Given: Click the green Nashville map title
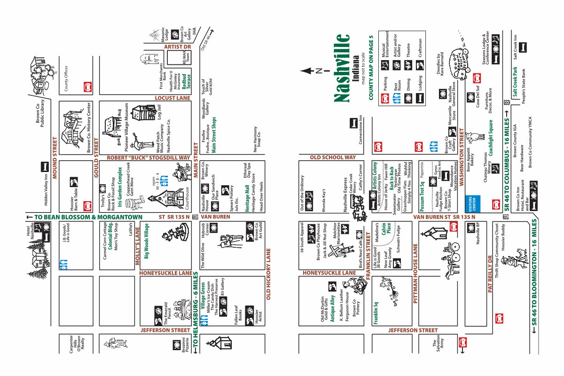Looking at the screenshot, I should tap(342, 68).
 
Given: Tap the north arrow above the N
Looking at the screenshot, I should tap(308, 71).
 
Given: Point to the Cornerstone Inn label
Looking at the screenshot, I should tap(360, 131).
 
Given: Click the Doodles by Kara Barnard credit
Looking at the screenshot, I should tap(440, 64).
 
